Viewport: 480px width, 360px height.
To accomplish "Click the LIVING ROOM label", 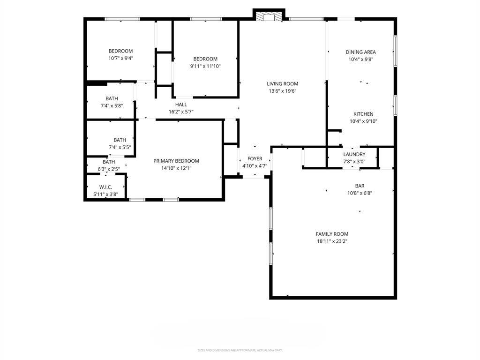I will pyautogui.click(x=283, y=84).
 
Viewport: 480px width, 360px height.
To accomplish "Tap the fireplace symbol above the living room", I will pyautogui.click(x=269, y=16).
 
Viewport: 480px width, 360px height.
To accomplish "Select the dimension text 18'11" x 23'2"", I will pyautogui.click(x=332, y=241).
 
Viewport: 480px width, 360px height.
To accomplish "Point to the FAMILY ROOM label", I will pyautogui.click(x=332, y=234).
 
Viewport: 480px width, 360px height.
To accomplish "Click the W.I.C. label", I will pyautogui.click(x=105, y=187).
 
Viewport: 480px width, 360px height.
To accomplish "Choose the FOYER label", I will pyautogui.click(x=255, y=159).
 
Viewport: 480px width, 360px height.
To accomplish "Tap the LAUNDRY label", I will pyautogui.click(x=354, y=154).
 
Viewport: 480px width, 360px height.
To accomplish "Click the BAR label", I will pyautogui.click(x=360, y=186).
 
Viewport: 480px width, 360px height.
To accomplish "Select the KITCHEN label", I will pyautogui.click(x=363, y=114).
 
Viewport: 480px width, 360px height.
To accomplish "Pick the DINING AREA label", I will pyautogui.click(x=360, y=52).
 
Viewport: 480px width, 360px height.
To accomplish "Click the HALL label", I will pyautogui.click(x=181, y=105).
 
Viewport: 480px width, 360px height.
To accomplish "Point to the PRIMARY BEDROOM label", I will pyautogui.click(x=176, y=161).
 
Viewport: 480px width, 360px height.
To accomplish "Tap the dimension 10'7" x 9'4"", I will pyautogui.click(x=120, y=59).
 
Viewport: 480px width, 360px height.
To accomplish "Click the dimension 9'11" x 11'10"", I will pyautogui.click(x=205, y=66).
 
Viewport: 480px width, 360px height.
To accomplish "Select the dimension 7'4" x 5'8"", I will pyautogui.click(x=112, y=106).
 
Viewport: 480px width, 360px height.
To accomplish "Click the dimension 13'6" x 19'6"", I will pyautogui.click(x=283, y=91).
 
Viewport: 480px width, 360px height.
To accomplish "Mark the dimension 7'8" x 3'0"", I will pyautogui.click(x=354, y=162).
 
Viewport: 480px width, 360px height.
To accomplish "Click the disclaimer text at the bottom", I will pyautogui.click(x=240, y=350).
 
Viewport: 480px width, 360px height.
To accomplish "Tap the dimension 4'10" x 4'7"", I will pyautogui.click(x=255, y=166).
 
